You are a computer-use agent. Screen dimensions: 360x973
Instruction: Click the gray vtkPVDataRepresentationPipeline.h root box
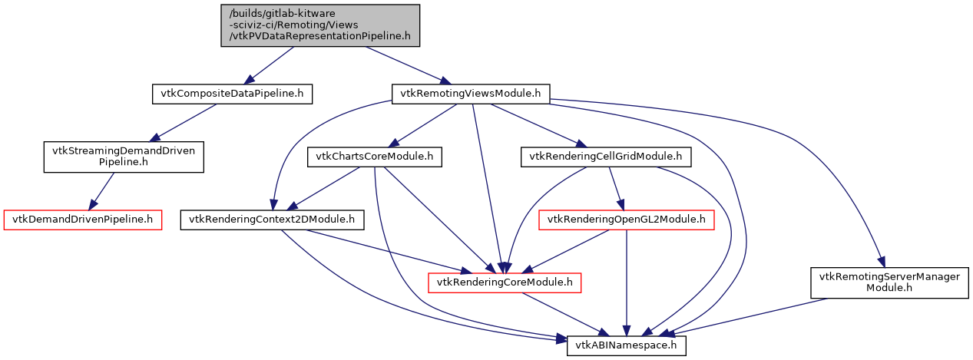320,24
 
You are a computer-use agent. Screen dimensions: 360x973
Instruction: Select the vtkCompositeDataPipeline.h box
232,94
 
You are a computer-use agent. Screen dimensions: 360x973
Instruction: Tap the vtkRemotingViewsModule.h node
470,94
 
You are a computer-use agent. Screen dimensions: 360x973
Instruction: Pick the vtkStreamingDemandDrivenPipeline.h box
124,157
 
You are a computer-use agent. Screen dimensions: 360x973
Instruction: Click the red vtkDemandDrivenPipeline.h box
83,220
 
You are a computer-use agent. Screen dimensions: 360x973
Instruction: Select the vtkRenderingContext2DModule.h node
272,220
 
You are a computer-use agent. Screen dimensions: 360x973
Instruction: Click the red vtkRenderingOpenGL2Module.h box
627,220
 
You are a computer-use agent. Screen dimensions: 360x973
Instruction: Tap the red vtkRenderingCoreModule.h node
504,282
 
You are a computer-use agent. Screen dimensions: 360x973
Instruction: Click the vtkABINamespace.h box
626,345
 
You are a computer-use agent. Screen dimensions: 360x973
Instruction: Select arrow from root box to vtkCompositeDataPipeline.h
269,66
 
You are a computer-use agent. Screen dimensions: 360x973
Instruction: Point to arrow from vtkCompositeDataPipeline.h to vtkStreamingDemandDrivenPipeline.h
184,121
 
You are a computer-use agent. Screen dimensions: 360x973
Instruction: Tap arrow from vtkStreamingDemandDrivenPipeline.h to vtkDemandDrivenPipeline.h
104,188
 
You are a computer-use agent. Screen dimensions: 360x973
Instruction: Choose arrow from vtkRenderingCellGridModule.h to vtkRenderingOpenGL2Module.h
616,188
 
